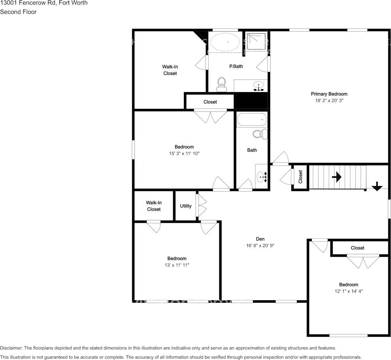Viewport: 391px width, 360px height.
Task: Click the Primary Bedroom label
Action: [329, 94]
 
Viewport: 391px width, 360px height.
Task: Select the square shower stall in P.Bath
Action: [256, 41]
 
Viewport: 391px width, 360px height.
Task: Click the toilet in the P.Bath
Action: [221, 84]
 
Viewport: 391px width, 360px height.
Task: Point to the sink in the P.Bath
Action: [259, 86]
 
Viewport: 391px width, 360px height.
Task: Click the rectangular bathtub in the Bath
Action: [252, 120]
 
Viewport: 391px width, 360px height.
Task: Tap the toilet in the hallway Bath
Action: [261, 134]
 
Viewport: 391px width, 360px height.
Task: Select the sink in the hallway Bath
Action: [262, 176]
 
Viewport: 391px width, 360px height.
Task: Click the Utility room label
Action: [186, 206]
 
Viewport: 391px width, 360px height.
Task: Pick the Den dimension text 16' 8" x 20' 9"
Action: [260, 246]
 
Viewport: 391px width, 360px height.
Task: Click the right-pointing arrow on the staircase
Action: [336, 177]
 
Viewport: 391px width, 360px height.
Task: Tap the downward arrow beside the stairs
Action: [377, 186]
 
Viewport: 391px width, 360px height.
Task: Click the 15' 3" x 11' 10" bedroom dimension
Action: [184, 153]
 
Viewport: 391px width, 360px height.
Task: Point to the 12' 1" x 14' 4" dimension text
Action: [348, 291]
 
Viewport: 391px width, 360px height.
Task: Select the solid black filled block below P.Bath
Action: [251, 101]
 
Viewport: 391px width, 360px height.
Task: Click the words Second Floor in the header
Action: [18, 12]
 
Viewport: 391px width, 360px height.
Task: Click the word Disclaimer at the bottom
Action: [11, 348]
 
